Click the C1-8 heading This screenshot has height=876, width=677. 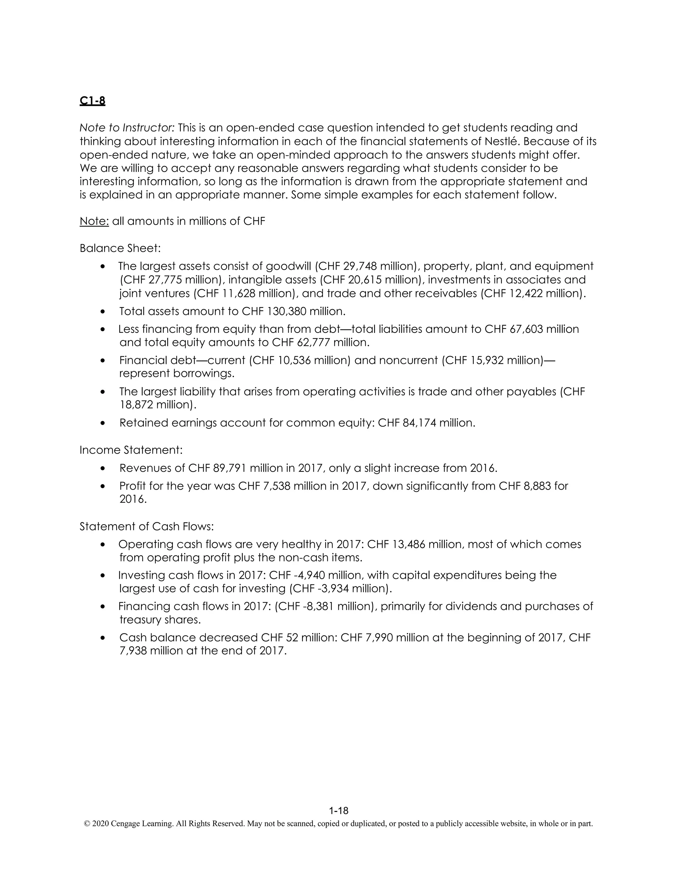coord(92,101)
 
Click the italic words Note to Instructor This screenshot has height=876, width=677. coord(127,128)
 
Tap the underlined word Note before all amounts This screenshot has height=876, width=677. coord(94,221)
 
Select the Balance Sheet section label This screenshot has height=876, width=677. coord(120,248)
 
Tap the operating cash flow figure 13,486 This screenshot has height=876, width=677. coord(405,544)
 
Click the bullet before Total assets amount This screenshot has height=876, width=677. coord(103,312)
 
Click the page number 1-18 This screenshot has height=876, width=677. coord(338,811)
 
